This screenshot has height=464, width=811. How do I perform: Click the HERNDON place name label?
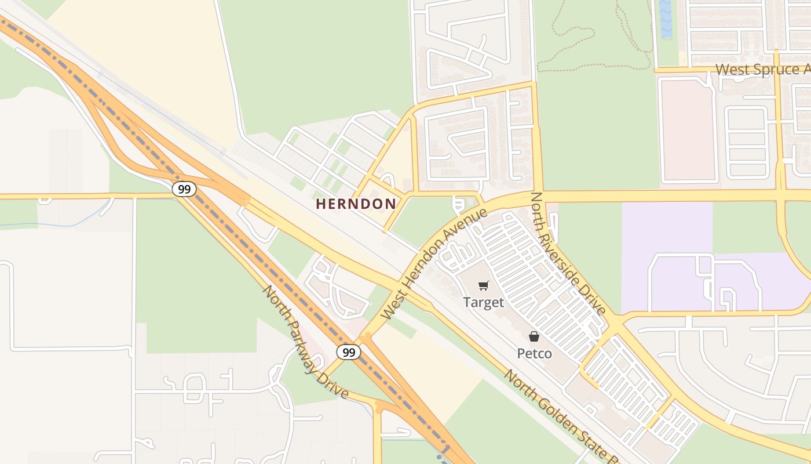pyautogui.click(x=356, y=204)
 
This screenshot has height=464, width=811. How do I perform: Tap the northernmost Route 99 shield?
pyautogui.click(x=184, y=189)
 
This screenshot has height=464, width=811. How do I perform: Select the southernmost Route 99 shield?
pyautogui.click(x=348, y=352)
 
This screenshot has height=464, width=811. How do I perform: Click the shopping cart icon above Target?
pyautogui.click(x=483, y=285)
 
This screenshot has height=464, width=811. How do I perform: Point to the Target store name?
pyautogui.click(x=483, y=302)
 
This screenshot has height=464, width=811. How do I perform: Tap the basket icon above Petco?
pyautogui.click(x=534, y=336)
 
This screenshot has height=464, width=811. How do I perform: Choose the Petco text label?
pyautogui.click(x=534, y=353)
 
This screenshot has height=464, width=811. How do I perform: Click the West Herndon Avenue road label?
pyautogui.click(x=434, y=263)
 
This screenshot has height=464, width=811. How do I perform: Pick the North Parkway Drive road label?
pyautogui.click(x=306, y=342)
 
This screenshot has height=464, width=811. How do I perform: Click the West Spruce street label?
pyautogui.click(x=762, y=70)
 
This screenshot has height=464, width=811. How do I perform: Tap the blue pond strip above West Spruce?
pyautogui.click(x=665, y=19)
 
